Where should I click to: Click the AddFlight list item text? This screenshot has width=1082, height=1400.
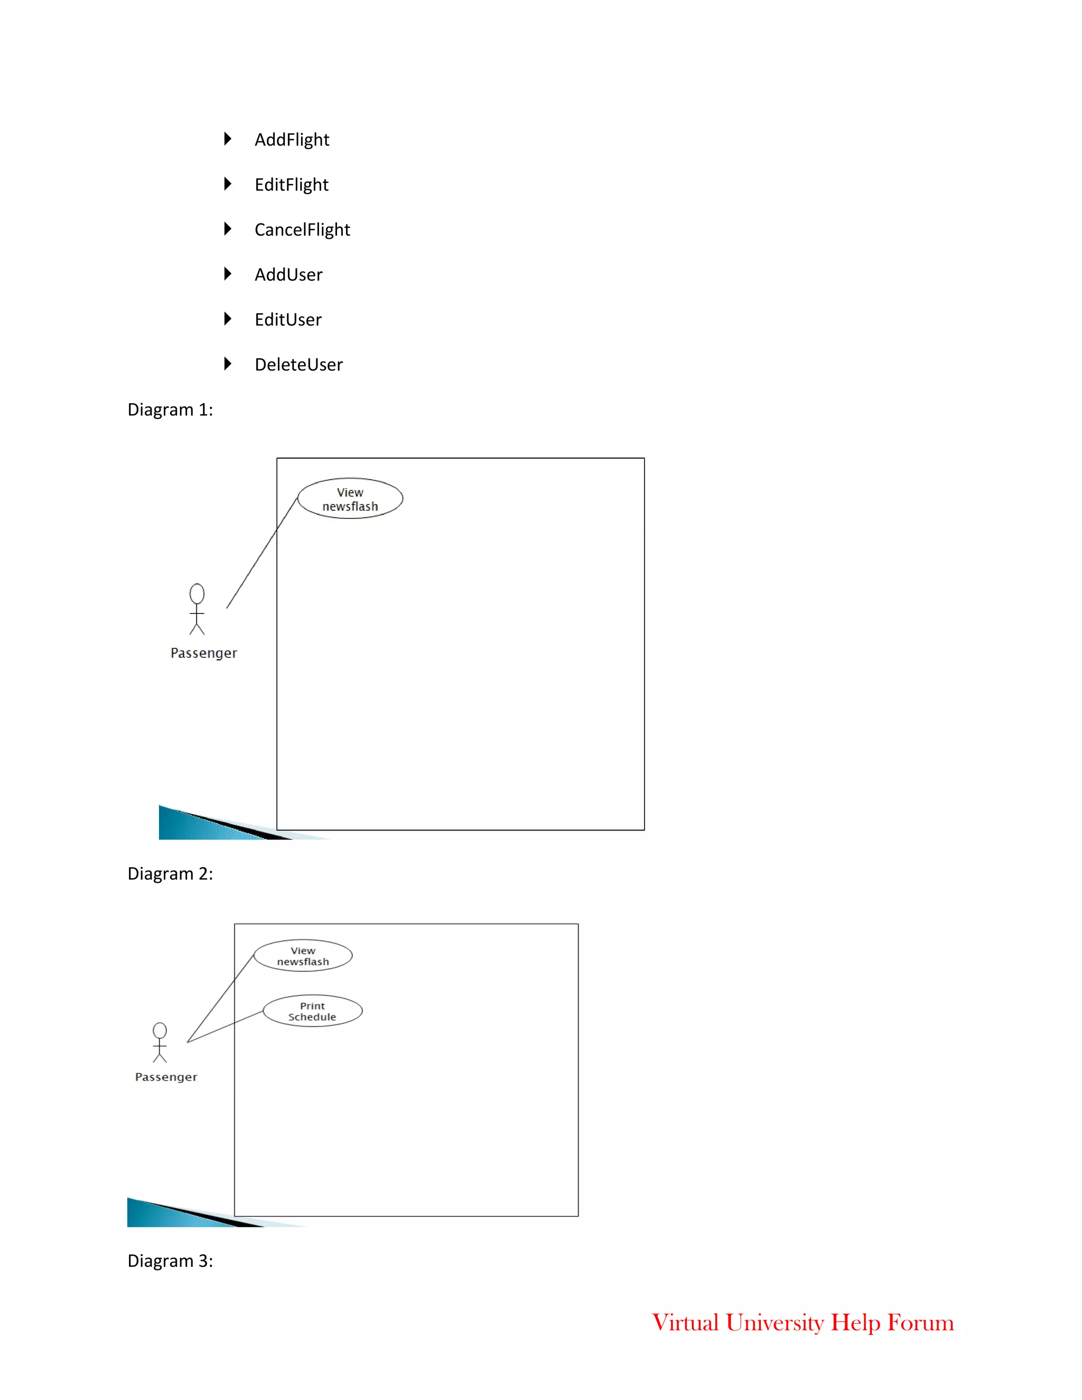click(292, 140)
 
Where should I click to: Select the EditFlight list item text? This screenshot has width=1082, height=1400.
click(291, 184)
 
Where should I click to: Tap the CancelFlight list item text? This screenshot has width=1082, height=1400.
click(302, 229)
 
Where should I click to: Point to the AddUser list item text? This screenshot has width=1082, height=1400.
click(288, 274)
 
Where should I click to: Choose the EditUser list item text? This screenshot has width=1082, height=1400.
click(288, 319)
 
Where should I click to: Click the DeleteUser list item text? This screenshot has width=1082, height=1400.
click(298, 364)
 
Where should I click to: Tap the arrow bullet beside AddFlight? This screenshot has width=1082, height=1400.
click(228, 138)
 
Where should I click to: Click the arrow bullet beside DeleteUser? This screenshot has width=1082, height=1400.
click(228, 363)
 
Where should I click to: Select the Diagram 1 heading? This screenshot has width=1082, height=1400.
click(170, 409)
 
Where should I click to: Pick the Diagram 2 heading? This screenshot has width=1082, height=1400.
click(170, 874)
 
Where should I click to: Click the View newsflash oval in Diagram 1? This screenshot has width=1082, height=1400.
click(350, 499)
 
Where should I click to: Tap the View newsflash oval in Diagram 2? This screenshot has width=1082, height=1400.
click(303, 956)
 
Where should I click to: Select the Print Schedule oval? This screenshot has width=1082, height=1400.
click(312, 1011)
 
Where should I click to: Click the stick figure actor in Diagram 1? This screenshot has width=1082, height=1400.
click(197, 609)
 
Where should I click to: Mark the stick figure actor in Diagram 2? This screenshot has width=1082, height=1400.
click(160, 1042)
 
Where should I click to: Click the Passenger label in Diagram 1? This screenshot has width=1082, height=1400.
click(204, 653)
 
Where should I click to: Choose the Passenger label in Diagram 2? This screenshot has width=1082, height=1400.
click(166, 1077)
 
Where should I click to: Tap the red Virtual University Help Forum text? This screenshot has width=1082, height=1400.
click(803, 1322)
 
